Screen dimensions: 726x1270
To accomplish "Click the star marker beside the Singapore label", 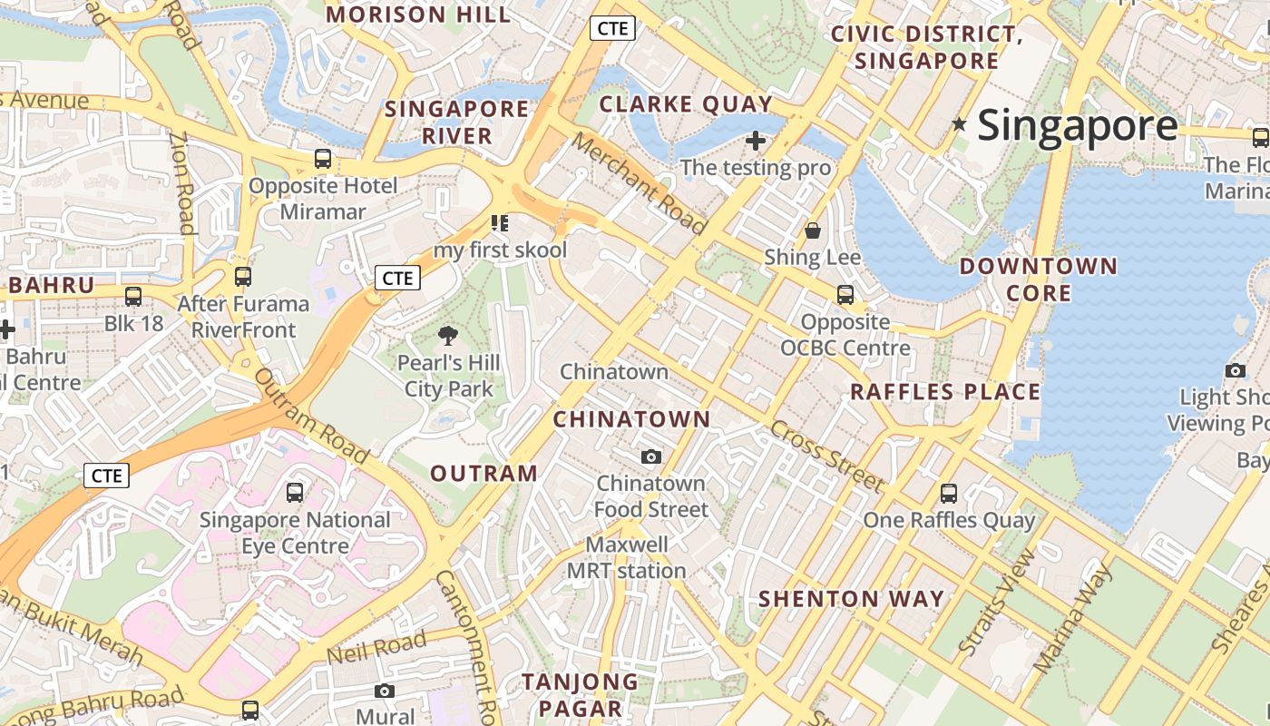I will coord(959,123).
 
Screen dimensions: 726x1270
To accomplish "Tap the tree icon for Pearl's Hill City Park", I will coord(447,336).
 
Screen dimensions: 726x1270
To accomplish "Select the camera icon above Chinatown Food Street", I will coord(650,456).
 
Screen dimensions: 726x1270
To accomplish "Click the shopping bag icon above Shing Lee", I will coord(813,231).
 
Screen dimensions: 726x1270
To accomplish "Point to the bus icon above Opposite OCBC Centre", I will coord(845,294).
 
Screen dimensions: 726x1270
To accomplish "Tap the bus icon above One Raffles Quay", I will coord(948,493).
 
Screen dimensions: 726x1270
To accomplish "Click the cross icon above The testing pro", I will coord(755,141).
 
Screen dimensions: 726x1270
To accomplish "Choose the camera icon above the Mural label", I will coord(385,691).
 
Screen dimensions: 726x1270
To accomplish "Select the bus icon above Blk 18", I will coord(133,296).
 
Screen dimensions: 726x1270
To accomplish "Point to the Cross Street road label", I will coord(826,456).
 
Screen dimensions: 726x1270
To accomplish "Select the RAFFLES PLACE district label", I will coord(944,392).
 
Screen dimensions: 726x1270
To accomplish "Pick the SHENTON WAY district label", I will coord(851,599).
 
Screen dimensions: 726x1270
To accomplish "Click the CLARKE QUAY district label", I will coord(686,104).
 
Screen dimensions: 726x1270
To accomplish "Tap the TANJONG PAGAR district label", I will coord(580,695).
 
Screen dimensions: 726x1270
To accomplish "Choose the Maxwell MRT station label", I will coord(626,557).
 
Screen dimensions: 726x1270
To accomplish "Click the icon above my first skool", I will coord(499,222).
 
